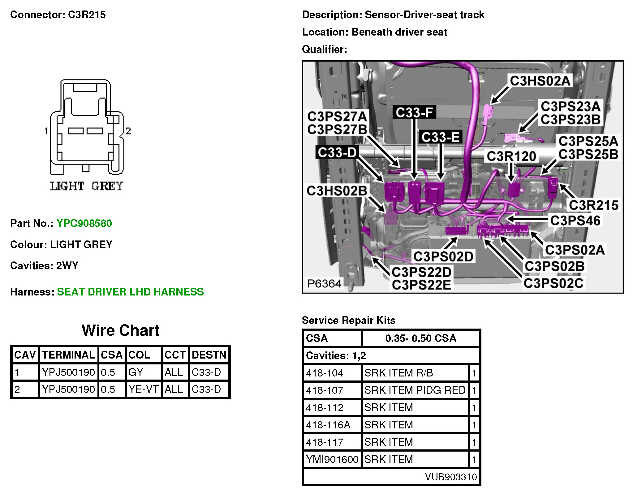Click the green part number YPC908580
coord(84,223)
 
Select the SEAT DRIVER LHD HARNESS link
coord(130,292)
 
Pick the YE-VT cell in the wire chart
coord(143,389)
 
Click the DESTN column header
coord(209,355)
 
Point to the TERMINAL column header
coord(68,355)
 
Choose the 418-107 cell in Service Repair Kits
coord(325,390)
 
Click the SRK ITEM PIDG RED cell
coord(415,390)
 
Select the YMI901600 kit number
coord(332,460)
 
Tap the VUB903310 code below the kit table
coord(451,477)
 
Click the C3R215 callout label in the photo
coord(593,205)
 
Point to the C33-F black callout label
coord(414,113)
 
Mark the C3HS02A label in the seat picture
coord(540,81)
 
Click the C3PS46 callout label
coord(575,221)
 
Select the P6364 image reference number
coord(324,283)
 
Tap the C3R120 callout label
coord(511,156)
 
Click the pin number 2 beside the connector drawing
coord(128,131)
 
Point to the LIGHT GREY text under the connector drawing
coord(87,186)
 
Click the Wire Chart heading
coord(120,330)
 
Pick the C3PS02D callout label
coord(443,257)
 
